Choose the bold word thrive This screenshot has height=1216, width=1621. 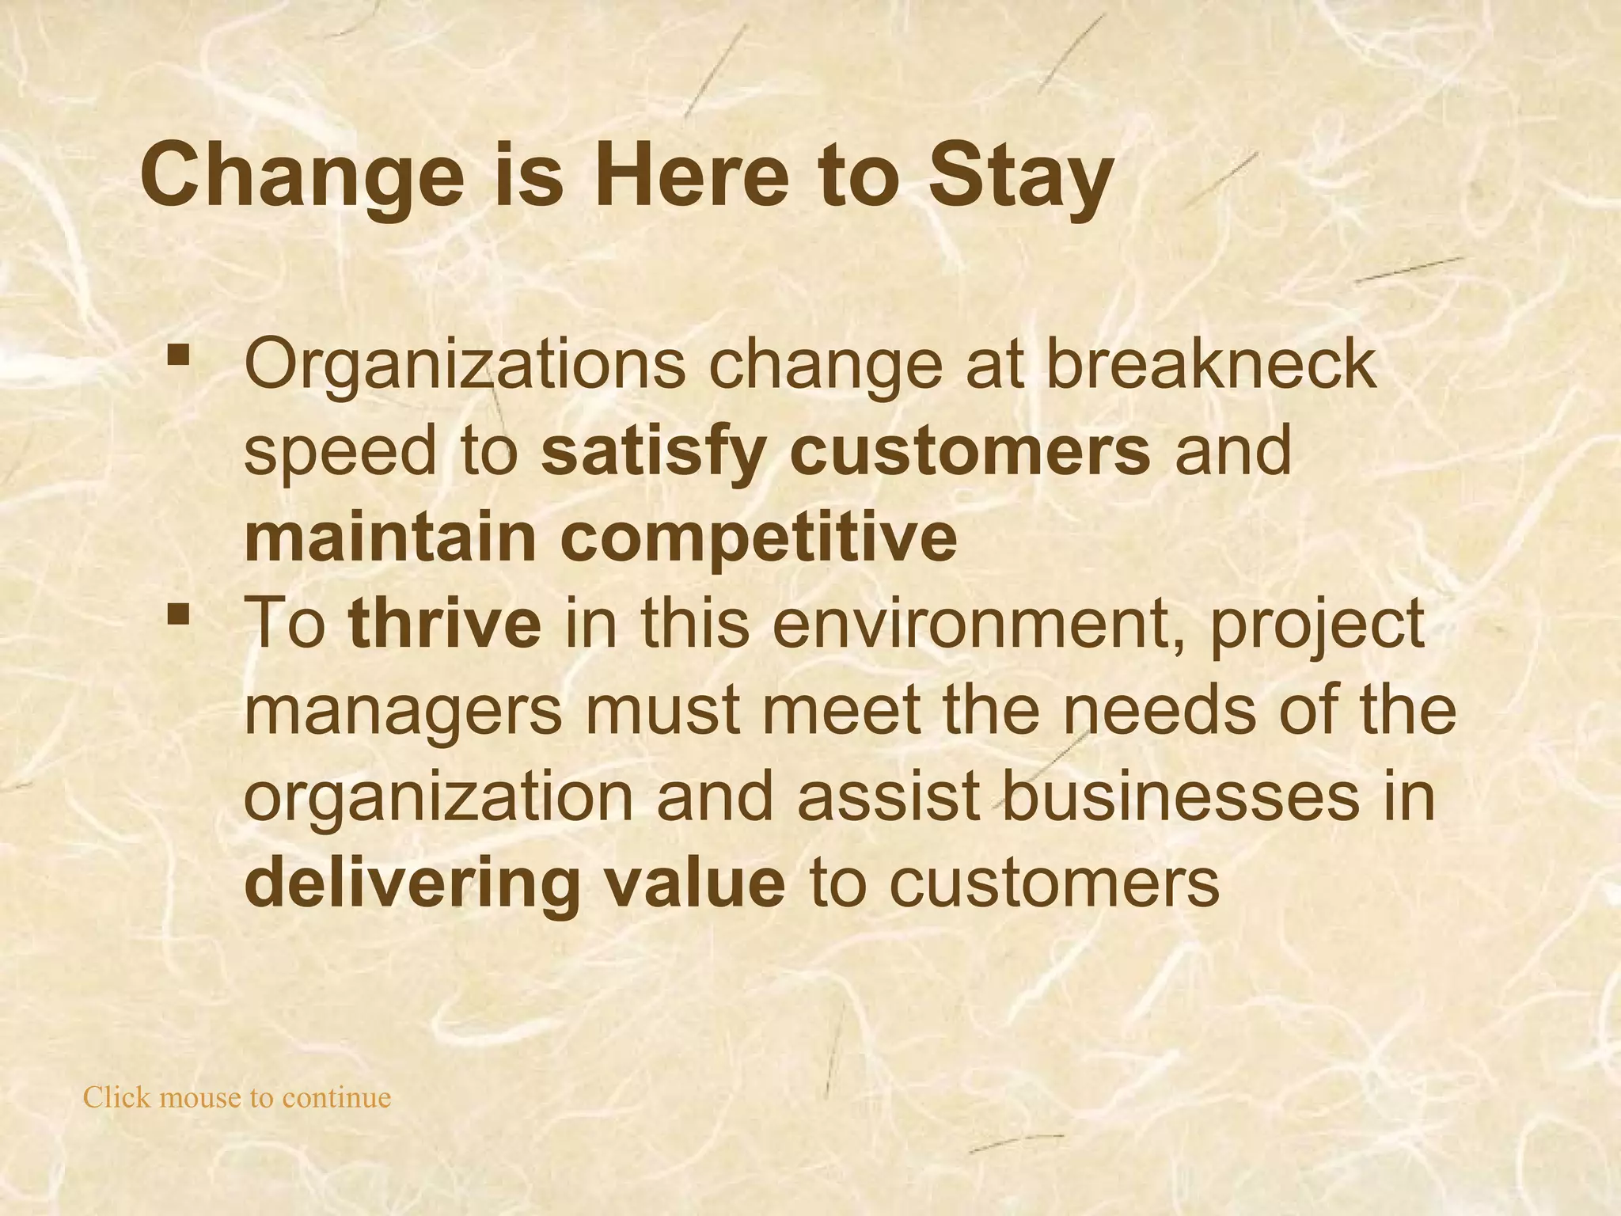coord(445,623)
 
